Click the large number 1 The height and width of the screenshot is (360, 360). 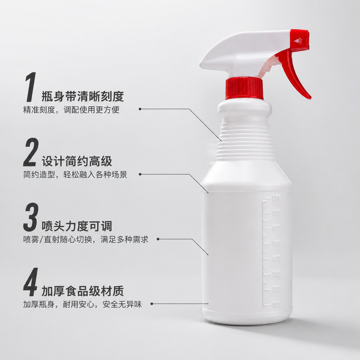point(31,87)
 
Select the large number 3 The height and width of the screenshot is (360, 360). point(31,217)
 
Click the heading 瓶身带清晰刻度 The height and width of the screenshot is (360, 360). point(83,96)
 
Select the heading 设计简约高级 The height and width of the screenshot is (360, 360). point(77,161)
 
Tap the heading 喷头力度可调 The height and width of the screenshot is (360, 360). point(77,226)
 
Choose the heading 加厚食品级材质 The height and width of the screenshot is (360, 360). point(83,291)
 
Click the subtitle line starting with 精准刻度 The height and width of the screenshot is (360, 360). point(71,110)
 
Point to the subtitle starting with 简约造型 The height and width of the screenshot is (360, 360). point(75,175)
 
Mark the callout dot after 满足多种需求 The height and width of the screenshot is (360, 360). point(158,239)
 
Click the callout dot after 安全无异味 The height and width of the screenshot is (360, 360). point(152,304)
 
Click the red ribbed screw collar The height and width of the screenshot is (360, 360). point(244,89)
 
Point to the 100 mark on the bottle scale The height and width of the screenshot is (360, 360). point(276,304)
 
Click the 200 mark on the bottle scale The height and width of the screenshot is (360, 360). point(276,289)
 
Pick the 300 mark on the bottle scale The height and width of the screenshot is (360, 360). point(276,273)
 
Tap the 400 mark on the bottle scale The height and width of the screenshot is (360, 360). point(276,258)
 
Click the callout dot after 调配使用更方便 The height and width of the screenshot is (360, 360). point(140,109)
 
